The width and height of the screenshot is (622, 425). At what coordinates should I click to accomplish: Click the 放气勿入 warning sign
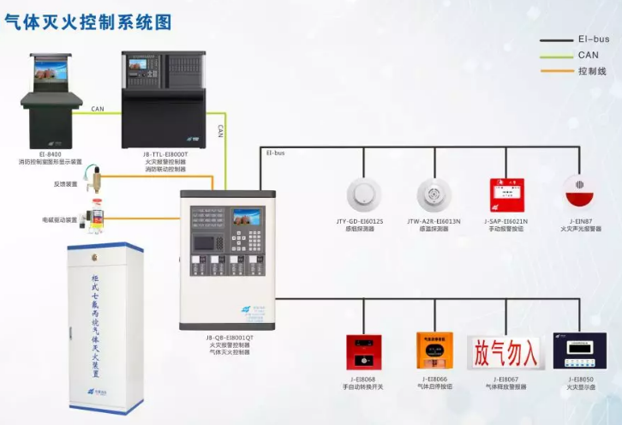click(505, 351)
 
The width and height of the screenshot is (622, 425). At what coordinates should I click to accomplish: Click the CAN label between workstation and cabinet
click(98, 109)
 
